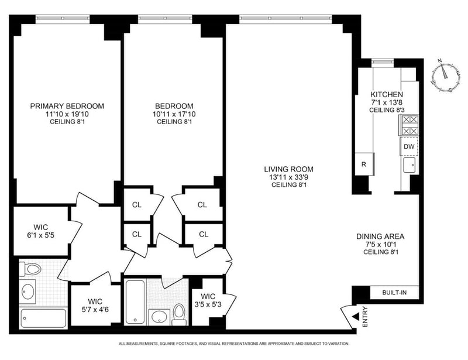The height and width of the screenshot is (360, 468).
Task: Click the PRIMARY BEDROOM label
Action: [67, 106]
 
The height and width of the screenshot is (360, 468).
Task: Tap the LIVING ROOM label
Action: [288, 169]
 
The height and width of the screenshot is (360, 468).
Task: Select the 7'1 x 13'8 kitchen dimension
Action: [387, 102]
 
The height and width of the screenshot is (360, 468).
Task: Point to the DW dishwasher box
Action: [409, 147]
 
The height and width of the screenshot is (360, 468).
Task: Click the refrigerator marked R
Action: [364, 164]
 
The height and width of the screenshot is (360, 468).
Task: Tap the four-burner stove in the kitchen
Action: [409, 125]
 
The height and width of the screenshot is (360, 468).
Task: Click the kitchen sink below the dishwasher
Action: [409, 165]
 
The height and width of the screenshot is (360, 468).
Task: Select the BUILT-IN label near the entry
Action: [394, 293]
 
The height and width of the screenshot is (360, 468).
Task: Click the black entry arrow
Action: [356, 317]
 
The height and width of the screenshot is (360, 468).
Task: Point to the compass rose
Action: [446, 77]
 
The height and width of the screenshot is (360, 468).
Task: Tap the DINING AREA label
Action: [380, 236]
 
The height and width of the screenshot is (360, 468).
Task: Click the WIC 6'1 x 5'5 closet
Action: [41, 231]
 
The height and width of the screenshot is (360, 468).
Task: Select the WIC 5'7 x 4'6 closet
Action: [95, 306]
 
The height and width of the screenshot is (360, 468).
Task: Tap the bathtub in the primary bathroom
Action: [43, 318]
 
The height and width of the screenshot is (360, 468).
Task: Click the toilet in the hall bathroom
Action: [179, 314]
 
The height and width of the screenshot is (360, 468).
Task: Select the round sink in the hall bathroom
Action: [159, 317]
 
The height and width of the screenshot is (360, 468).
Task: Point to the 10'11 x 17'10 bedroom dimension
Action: [174, 114]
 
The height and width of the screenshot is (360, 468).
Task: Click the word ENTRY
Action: [364, 317]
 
